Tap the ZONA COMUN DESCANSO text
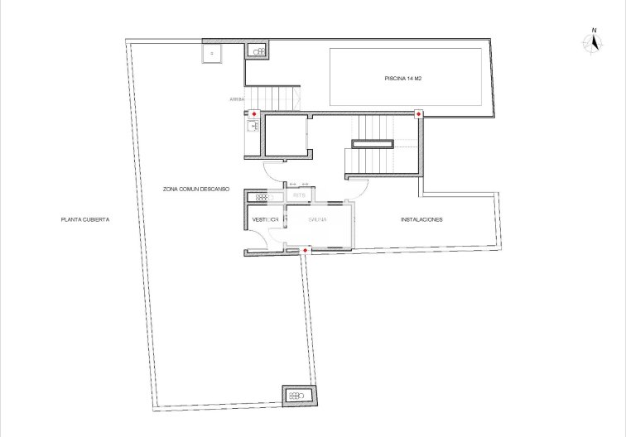point(195,189)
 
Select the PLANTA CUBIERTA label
point(84,220)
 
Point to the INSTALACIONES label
point(421,220)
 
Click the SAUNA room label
point(317,220)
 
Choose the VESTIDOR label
point(264,220)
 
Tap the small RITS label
point(299,196)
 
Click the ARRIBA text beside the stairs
point(237,99)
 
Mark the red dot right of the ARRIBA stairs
point(254,114)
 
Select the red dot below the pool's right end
point(419,114)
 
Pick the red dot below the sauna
point(306,250)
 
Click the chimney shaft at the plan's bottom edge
point(297,396)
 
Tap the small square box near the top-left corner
point(212,52)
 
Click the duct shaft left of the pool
point(258,51)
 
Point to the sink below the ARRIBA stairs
point(253,127)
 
